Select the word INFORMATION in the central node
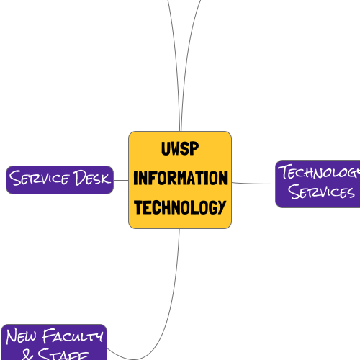(x=180, y=178)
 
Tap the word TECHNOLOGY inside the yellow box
(x=180, y=207)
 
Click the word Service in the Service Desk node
(x=40, y=179)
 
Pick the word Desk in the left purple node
(x=91, y=179)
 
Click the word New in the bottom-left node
(x=21, y=336)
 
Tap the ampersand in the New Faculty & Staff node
(x=27, y=354)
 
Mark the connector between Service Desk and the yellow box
(x=121, y=179)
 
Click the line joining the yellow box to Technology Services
(x=253, y=183)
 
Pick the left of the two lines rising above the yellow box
(x=174, y=65)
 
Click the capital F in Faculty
(x=48, y=336)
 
